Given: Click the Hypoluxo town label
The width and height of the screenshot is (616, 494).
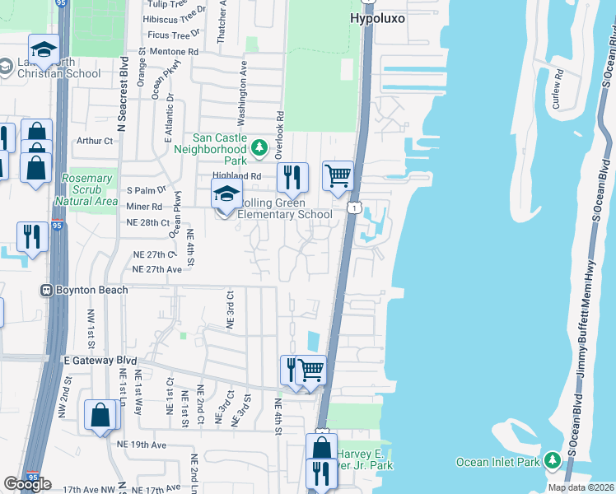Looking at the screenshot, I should (377, 17).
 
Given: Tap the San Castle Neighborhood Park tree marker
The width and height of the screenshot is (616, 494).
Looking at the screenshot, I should (259, 148).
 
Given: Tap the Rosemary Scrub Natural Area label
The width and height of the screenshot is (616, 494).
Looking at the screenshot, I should (86, 189).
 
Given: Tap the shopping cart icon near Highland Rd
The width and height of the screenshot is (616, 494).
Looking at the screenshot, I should (337, 175).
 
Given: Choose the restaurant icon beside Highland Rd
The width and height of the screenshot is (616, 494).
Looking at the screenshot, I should (292, 176).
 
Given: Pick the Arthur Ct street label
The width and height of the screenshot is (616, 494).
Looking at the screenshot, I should (94, 141).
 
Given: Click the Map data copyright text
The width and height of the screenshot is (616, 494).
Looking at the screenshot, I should (581, 487).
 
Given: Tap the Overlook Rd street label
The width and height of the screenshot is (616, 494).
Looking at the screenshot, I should (280, 135).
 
